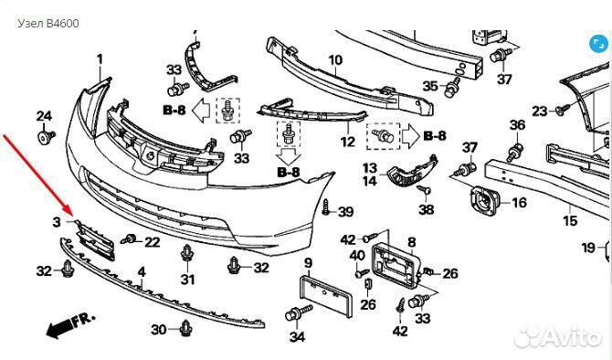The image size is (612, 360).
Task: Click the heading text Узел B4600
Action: tap(48, 23)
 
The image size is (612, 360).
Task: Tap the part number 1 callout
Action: tap(100, 59)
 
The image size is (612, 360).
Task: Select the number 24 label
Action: tap(44, 115)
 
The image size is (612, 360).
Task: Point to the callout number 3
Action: tap(57, 221)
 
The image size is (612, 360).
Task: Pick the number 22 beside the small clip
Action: tap(152, 241)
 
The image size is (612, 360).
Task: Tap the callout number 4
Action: tap(141, 271)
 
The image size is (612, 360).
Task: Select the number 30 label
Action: tap(158, 329)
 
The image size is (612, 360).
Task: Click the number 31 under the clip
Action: tap(187, 280)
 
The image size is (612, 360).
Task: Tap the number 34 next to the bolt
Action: tap(297, 337)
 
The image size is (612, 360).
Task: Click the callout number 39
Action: tap(345, 212)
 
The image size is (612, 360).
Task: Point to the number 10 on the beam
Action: tap(335, 60)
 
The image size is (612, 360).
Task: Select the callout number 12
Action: tap(347, 143)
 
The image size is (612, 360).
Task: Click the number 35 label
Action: tap(430, 87)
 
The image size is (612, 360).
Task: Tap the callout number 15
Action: tap(570, 221)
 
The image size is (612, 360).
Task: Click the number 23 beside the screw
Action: tap(539, 111)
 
